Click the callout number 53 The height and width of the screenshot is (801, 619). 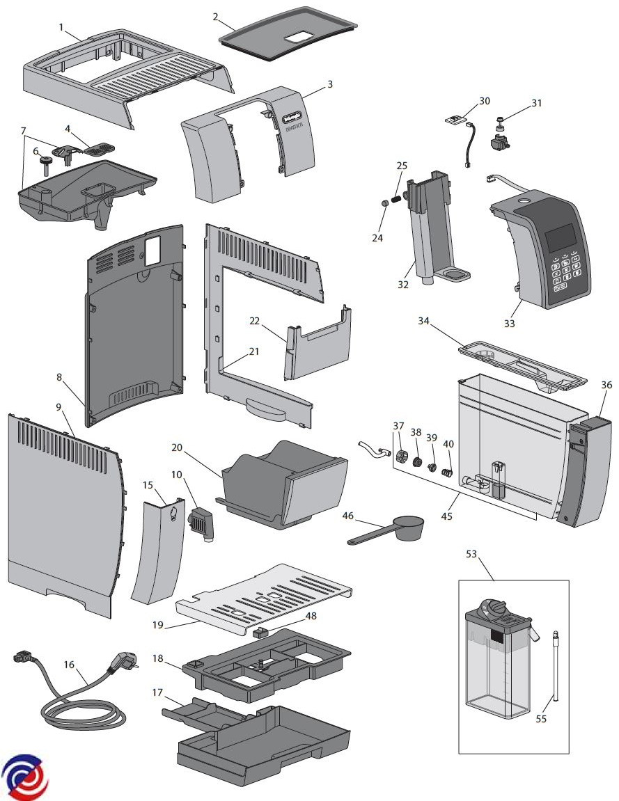click(x=471, y=554)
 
